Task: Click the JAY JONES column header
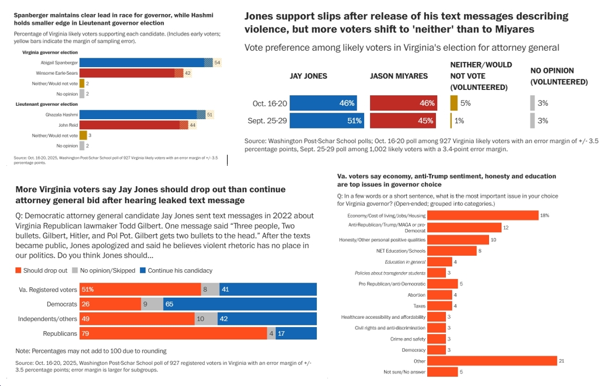[308, 76]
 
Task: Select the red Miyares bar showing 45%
[403, 121]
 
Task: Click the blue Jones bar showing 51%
[327, 121]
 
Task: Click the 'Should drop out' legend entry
[43, 270]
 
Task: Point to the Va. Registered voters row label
[48, 289]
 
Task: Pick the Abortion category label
[416, 295]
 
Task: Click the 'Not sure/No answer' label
[404, 372]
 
